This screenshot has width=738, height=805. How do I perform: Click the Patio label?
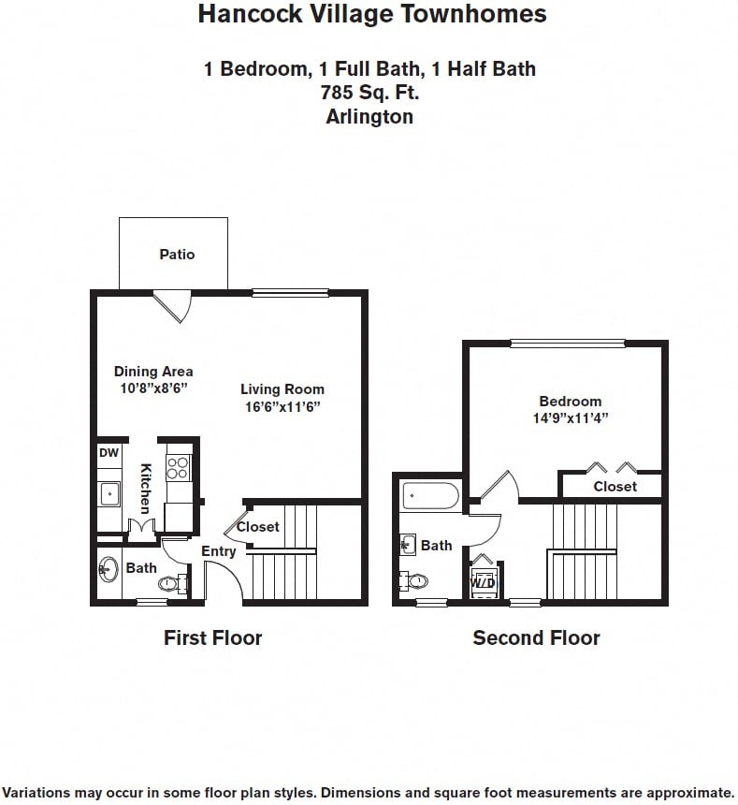pyautogui.click(x=177, y=254)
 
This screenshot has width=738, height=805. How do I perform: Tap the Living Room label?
pyautogui.click(x=282, y=389)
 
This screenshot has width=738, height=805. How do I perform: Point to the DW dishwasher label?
pyautogui.click(x=109, y=453)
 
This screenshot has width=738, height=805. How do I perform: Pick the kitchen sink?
pyautogui.click(x=109, y=492)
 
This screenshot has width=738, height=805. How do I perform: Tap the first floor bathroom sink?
pyautogui.click(x=109, y=568)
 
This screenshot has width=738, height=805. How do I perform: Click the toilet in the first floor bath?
pyautogui.click(x=170, y=584)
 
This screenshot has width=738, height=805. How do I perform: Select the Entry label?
pyautogui.click(x=219, y=551)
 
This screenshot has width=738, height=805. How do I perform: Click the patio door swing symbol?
pyautogui.click(x=174, y=305)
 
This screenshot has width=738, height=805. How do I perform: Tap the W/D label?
pyautogui.click(x=483, y=582)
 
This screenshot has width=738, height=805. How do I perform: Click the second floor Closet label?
pyautogui.click(x=615, y=487)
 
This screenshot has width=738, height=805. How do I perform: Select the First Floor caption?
pyautogui.click(x=212, y=638)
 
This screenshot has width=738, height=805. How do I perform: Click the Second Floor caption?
pyautogui.click(x=536, y=638)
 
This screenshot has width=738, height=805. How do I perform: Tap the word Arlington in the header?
pyautogui.click(x=369, y=117)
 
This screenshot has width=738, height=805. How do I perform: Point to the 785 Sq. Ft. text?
pyautogui.click(x=369, y=93)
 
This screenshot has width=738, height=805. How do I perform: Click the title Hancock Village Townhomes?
pyautogui.click(x=372, y=14)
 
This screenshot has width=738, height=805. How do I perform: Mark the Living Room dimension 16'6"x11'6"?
pyautogui.click(x=282, y=407)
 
